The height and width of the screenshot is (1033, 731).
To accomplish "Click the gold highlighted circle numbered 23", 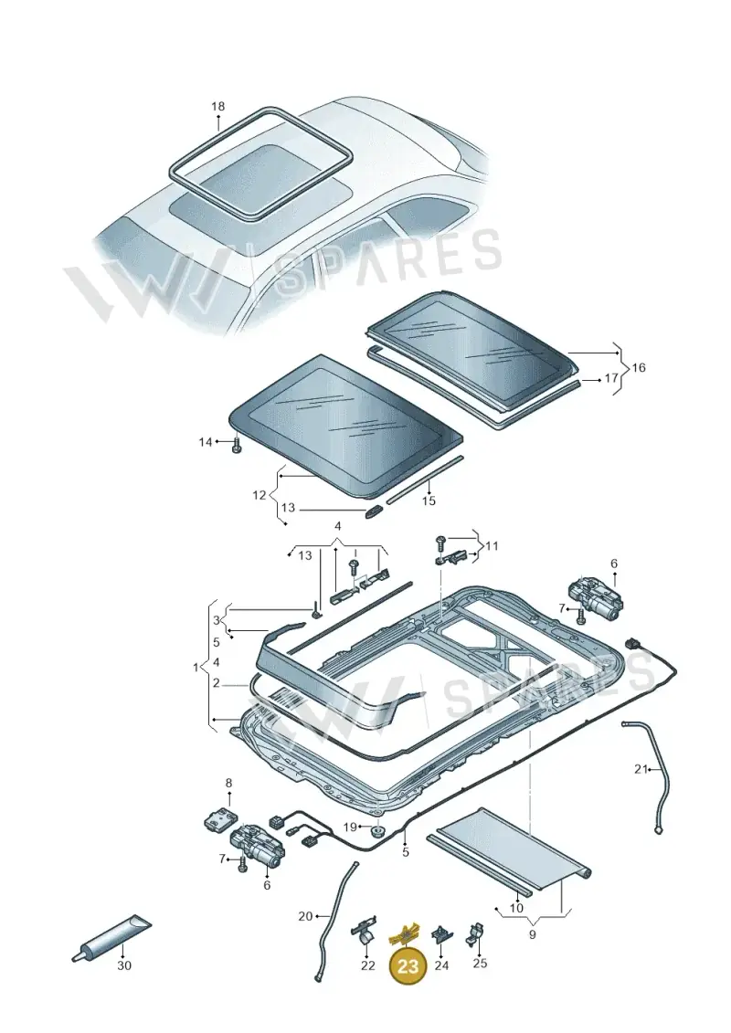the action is tap(408, 966).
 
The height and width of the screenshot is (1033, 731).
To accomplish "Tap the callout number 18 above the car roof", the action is tap(217, 106).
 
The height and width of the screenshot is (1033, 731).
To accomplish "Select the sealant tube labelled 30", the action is tap(111, 936).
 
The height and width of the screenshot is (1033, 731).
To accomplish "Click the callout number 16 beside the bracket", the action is tap(638, 367).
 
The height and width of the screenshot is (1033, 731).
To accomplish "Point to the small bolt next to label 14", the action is tap(238, 447).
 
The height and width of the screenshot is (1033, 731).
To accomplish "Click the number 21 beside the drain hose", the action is tap(641, 769).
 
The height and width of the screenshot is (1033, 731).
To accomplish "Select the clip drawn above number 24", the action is tap(440, 935).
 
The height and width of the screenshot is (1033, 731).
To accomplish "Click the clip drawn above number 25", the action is tap(476, 933).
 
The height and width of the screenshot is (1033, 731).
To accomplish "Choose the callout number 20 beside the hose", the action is tap(305, 916).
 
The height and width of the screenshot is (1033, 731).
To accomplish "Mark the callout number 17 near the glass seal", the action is tap(611, 379).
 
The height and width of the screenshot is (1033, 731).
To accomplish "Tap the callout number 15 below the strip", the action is tap(429, 501).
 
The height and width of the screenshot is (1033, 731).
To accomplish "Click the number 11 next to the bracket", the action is tap(492, 546).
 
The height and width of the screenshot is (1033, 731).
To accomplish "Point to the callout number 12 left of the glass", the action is tap(259, 495).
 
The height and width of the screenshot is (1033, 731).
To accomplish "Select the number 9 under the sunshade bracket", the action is tap(533, 934).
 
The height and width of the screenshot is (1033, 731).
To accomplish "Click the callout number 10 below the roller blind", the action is tap(516, 908).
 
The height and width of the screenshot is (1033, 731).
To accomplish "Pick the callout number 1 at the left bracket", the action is tap(196, 668).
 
